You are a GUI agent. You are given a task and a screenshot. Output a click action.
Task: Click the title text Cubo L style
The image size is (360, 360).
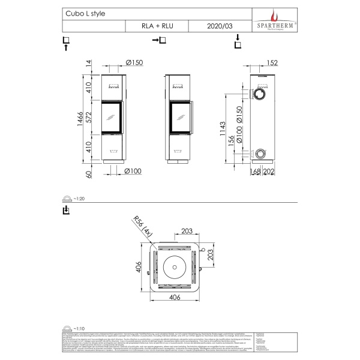82,13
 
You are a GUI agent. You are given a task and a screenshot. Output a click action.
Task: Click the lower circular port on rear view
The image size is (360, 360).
260,154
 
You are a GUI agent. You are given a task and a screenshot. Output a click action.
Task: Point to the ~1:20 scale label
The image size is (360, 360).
76,198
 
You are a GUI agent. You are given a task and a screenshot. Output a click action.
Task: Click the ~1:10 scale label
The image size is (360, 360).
76,328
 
